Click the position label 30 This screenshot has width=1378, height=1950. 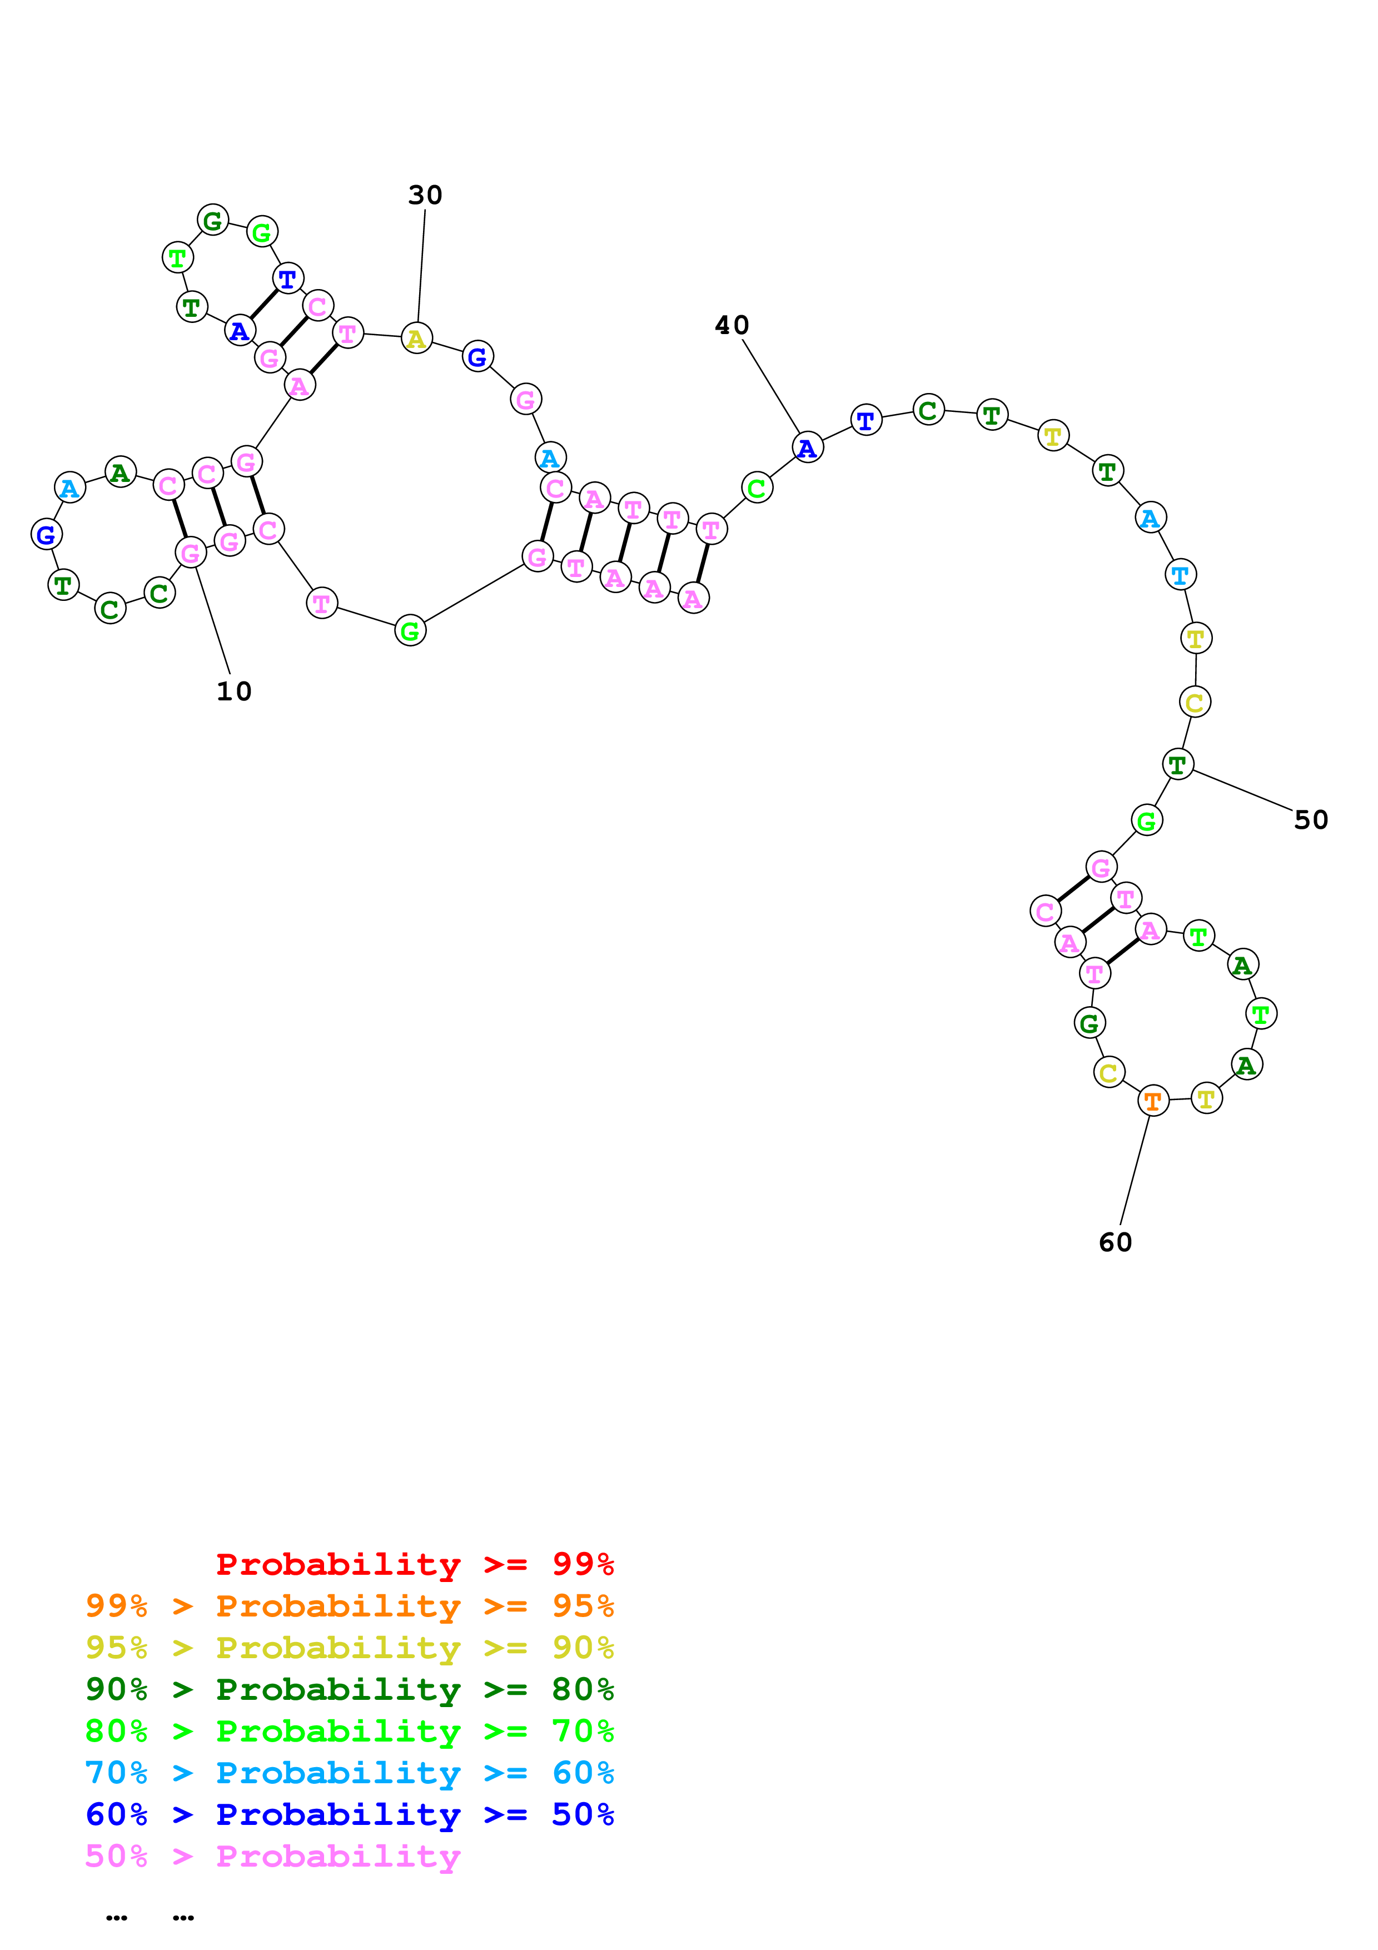point(425,195)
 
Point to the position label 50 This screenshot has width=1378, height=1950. point(1310,819)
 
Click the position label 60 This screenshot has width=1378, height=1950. point(1115,1242)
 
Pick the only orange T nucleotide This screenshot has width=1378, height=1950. point(1153,1102)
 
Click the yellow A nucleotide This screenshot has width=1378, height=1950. point(416,339)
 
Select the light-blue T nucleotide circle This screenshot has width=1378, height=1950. point(1180,575)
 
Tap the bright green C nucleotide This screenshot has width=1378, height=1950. point(757,489)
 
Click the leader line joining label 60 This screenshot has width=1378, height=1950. point(1135,1172)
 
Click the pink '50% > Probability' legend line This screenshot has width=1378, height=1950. point(272,1856)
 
